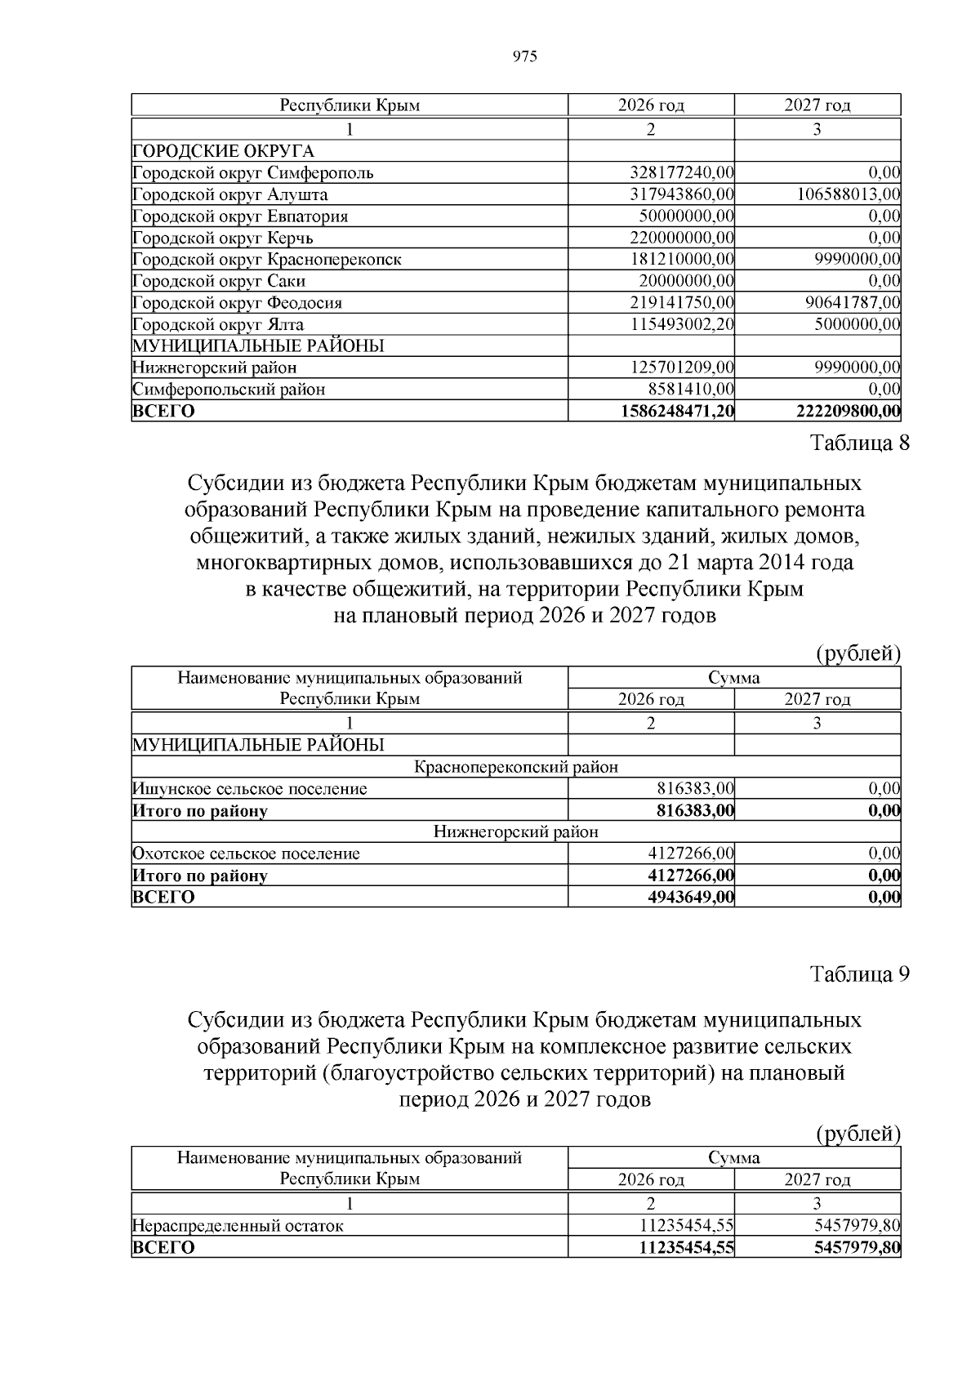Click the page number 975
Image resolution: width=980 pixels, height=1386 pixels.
[524, 56]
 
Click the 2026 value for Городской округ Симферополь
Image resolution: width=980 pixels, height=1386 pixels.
[682, 172]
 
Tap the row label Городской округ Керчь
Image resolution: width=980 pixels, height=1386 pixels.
[223, 238]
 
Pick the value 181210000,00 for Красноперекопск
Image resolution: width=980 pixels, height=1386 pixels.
[682, 259]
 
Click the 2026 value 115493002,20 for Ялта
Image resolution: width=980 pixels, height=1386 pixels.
[682, 324]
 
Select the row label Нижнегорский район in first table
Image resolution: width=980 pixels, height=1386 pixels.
[215, 368]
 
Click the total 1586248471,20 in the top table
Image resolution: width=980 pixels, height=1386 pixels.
[677, 411]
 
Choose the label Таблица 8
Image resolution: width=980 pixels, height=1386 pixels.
[859, 443]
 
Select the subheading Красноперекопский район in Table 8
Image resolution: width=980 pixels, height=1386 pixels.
[515, 767]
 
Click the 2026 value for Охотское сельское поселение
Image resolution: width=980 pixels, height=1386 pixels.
[691, 853]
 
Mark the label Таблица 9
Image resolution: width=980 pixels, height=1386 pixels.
[859, 974]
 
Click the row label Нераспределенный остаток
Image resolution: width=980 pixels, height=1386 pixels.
[238, 1225]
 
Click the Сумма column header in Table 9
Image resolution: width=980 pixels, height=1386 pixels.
[733, 1157]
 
